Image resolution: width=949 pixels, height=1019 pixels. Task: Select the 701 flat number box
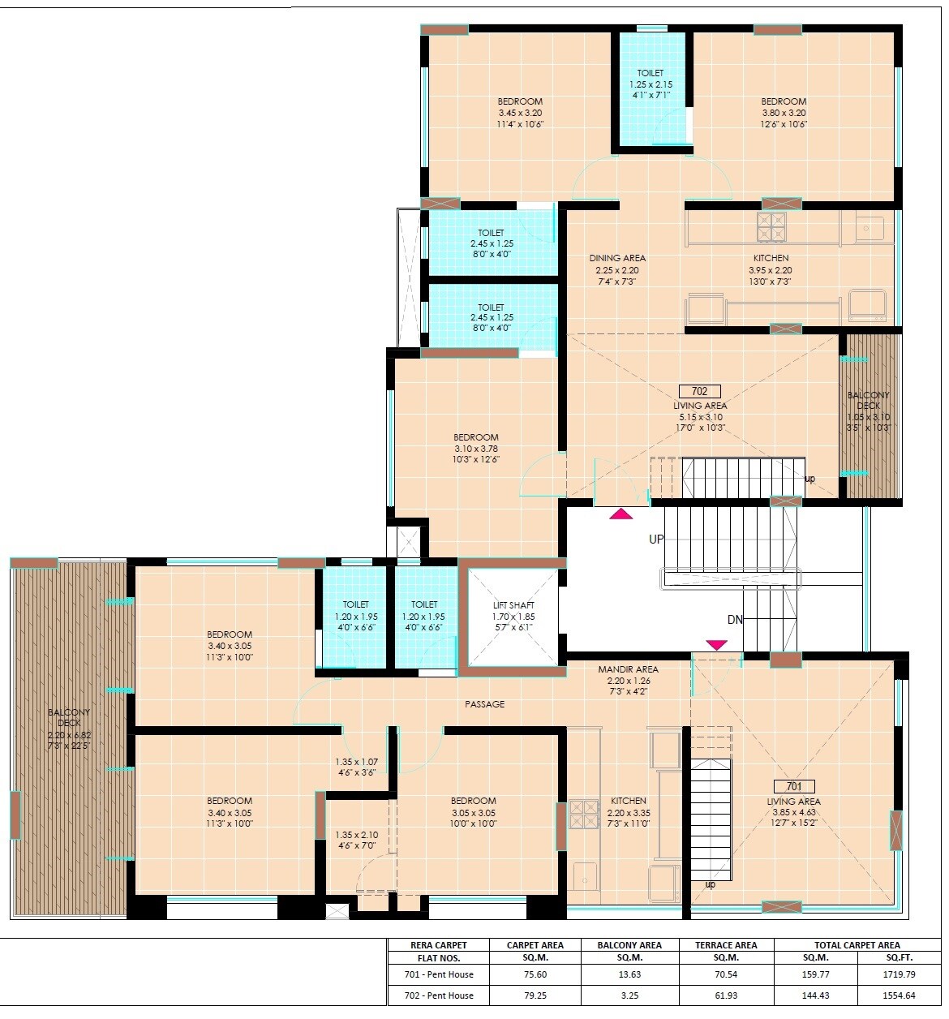click(793, 786)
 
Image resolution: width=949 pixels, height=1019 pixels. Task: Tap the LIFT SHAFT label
click(514, 605)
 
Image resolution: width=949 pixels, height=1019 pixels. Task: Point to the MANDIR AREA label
click(628, 669)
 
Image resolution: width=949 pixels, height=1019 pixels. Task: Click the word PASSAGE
click(484, 704)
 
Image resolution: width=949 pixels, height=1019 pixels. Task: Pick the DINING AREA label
click(617, 258)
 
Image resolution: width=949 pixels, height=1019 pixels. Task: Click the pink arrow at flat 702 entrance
click(620, 513)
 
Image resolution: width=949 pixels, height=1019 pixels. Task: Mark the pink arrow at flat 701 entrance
click(716, 645)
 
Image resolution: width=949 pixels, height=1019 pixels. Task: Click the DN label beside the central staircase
click(735, 620)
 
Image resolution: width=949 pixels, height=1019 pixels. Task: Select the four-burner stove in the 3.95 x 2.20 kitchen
click(771, 227)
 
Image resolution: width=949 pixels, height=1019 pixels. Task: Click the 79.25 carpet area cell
click(535, 995)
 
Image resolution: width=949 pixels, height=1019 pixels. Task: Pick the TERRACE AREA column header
click(726, 944)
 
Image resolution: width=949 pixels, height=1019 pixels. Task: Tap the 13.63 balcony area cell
click(629, 974)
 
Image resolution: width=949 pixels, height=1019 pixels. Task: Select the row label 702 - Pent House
click(439, 995)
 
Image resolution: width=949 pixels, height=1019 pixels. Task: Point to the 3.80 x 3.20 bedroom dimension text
click(784, 113)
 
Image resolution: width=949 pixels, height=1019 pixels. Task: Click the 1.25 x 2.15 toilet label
click(651, 84)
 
